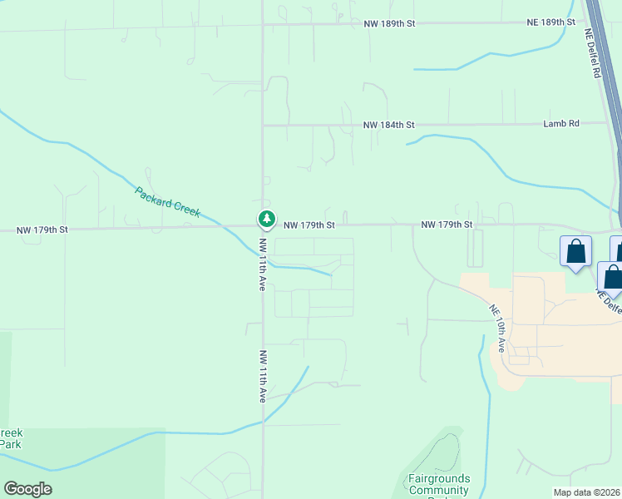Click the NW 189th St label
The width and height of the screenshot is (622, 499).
pyautogui.click(x=388, y=23)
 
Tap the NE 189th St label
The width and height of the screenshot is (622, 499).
pyautogui.click(x=552, y=22)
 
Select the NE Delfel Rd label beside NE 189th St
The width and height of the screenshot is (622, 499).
pyautogui.click(x=593, y=54)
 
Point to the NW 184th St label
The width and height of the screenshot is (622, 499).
pyautogui.click(x=388, y=125)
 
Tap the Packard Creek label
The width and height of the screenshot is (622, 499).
pyautogui.click(x=167, y=201)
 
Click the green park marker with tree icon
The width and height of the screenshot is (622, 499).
pyautogui.click(x=266, y=219)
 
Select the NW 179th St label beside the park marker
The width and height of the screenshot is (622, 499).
pyautogui.click(x=309, y=225)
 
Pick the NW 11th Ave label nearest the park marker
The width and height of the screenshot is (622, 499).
pyautogui.click(x=261, y=264)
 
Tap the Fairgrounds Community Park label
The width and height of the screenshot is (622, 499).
pyautogui.click(x=438, y=485)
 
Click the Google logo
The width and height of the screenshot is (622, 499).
pyautogui.click(x=27, y=489)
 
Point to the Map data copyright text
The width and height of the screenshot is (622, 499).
pyautogui.click(x=587, y=492)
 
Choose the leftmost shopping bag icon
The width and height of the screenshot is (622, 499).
pyautogui.click(x=575, y=251)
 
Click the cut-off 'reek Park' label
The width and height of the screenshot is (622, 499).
pyautogui.click(x=11, y=438)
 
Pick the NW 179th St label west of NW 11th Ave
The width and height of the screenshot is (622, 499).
pyautogui.click(x=42, y=229)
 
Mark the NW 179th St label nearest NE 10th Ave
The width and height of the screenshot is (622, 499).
pyautogui.click(x=447, y=225)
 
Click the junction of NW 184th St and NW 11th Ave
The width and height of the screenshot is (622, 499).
pyautogui.click(x=263, y=126)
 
